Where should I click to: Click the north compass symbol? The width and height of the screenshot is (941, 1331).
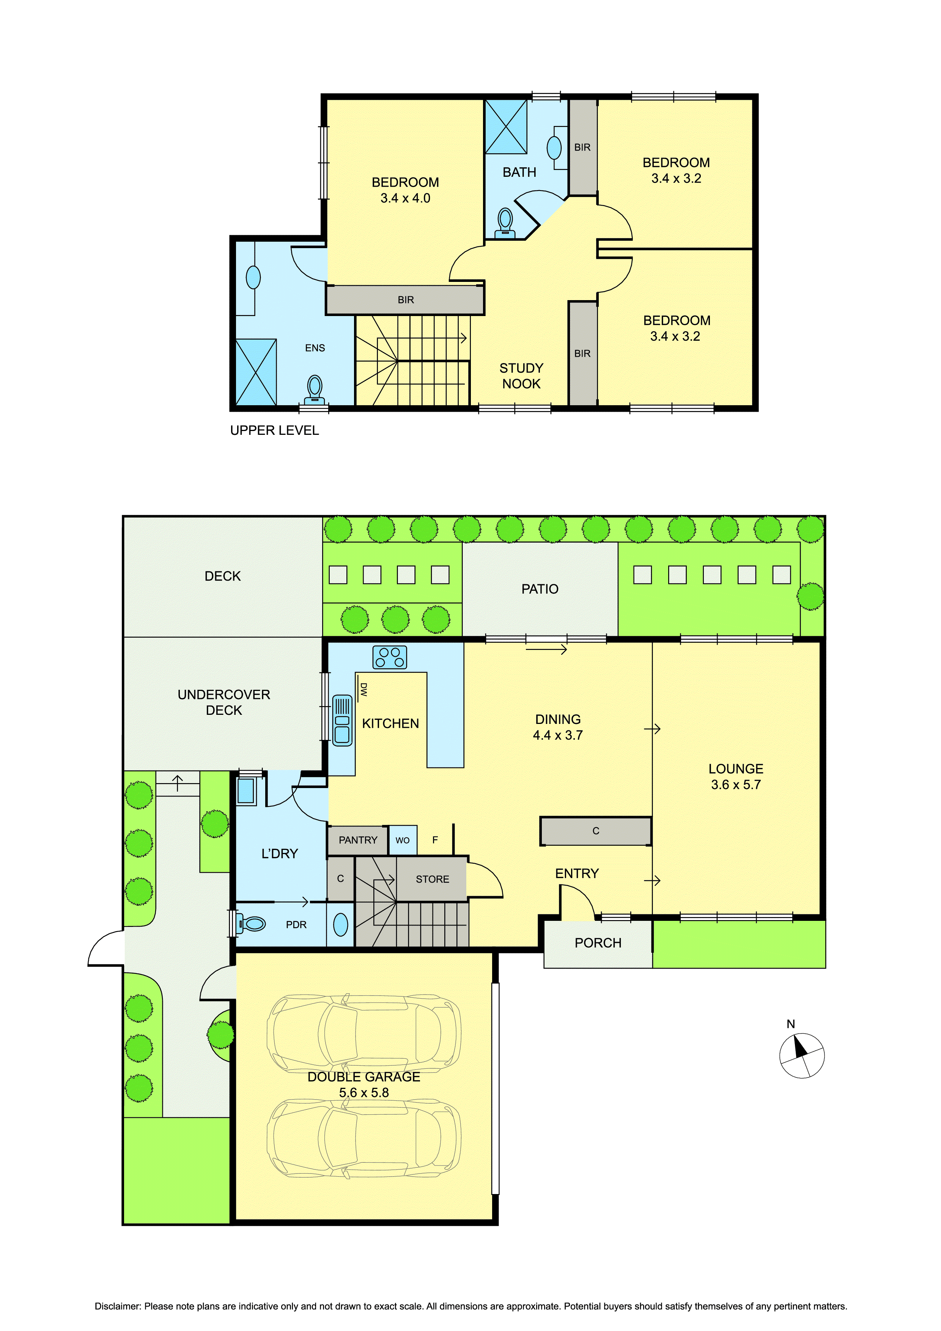pos(801,1055)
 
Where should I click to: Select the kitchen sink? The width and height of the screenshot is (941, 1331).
pos(342,720)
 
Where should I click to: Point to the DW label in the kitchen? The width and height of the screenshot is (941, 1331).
pos(363,689)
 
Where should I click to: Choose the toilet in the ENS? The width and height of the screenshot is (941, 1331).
pos(315,390)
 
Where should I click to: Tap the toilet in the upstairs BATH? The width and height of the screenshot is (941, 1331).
pos(505,223)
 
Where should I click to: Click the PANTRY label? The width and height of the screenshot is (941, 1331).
pos(358,840)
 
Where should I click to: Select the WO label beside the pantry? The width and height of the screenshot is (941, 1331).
pos(402,840)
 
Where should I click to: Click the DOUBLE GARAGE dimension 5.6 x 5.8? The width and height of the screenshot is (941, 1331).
pos(364,1093)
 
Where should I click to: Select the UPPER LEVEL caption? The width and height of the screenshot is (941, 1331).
pos(274,430)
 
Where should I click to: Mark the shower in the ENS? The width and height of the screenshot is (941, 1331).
pos(256,373)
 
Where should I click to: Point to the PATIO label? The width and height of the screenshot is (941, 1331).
pos(540,589)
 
